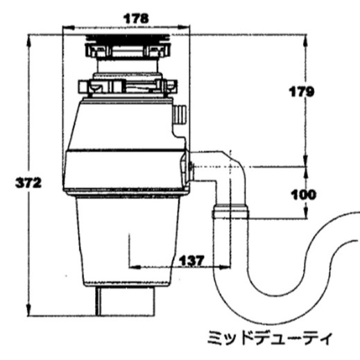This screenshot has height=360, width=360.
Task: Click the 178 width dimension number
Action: click(136, 19)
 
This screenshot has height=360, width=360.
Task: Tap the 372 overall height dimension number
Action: click(28, 183)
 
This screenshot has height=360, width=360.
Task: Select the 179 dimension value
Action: click(302, 92)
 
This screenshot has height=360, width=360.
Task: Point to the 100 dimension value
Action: click(304, 195)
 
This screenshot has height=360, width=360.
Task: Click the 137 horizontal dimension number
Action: click(192, 261)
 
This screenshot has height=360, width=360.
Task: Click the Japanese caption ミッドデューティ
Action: click(270, 338)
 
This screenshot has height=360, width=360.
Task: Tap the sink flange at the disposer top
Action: click(128, 38)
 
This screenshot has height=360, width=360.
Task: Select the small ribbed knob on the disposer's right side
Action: click(180, 114)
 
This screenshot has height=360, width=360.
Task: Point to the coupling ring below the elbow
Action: click(230, 212)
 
